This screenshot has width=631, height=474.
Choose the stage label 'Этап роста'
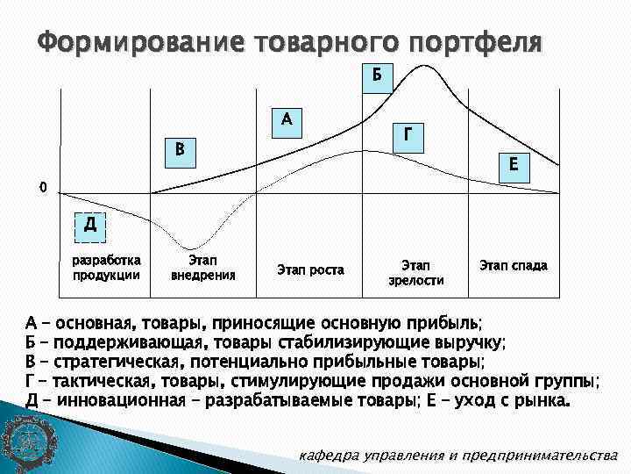[x=310, y=269]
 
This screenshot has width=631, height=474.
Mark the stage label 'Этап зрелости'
[x=415, y=272]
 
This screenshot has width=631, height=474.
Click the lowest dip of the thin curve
[x=194, y=248]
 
